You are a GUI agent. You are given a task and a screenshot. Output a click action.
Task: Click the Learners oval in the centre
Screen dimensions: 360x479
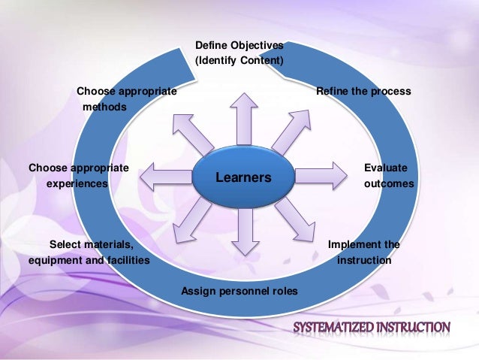pos(243,177)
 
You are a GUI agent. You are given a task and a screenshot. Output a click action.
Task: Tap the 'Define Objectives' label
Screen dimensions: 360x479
pos(239,45)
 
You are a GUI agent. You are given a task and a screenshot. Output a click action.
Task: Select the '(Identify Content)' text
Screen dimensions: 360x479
pos(239,60)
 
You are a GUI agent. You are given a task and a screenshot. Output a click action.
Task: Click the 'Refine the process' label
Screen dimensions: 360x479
pos(363,91)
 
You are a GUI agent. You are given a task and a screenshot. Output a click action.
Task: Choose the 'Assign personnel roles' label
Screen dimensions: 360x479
pos(239,291)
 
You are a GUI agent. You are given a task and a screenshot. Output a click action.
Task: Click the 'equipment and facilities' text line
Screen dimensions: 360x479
pos(89,260)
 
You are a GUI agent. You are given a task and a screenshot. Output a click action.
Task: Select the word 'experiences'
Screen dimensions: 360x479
pos(77,183)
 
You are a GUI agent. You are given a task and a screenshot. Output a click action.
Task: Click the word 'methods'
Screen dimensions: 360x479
pos(104,107)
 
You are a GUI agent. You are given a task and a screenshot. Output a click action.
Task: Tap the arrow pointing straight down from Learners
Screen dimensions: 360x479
pos(243,232)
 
